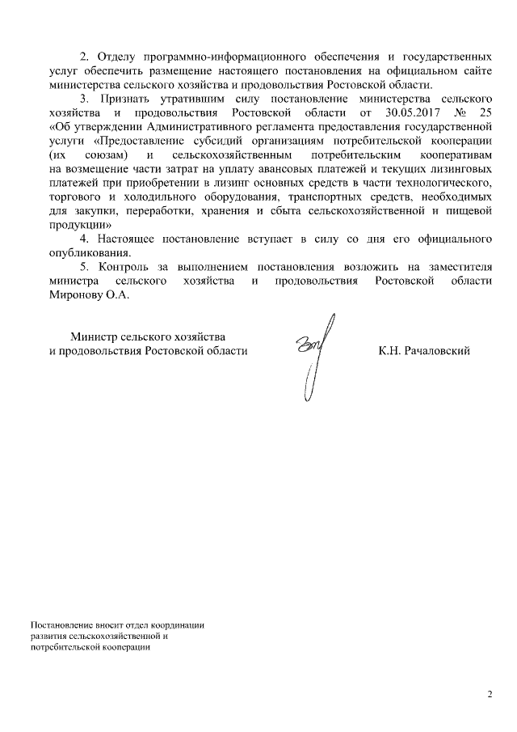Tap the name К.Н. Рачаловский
(424, 351)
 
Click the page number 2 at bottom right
(490, 694)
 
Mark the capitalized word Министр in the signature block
(93, 336)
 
